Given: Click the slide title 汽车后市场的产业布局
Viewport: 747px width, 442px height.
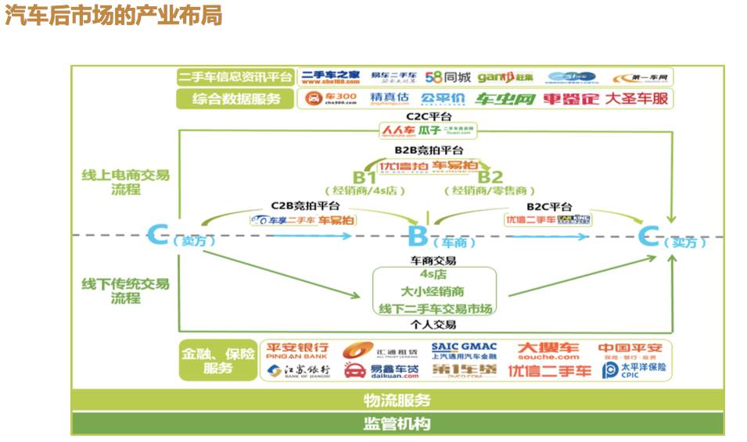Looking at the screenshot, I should click(x=114, y=15).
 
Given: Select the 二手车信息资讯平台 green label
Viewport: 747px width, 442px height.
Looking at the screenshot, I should click(x=235, y=77).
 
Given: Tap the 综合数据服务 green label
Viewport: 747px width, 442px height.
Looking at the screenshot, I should click(x=235, y=98).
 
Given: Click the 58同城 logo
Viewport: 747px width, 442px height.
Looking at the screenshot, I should click(x=448, y=77).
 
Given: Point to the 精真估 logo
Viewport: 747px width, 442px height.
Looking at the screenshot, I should click(x=390, y=98).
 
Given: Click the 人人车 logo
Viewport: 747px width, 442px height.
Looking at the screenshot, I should click(x=399, y=130).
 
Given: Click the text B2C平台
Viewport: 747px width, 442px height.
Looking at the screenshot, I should click(x=548, y=206).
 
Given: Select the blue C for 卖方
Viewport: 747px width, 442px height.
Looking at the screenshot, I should click(x=158, y=234).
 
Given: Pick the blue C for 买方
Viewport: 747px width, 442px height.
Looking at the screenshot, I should click(x=648, y=235).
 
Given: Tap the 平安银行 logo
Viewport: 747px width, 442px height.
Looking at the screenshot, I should click(x=297, y=350).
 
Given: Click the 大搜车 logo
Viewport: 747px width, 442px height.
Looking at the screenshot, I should click(x=548, y=351).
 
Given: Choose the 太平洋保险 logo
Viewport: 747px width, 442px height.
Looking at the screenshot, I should click(x=634, y=369).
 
